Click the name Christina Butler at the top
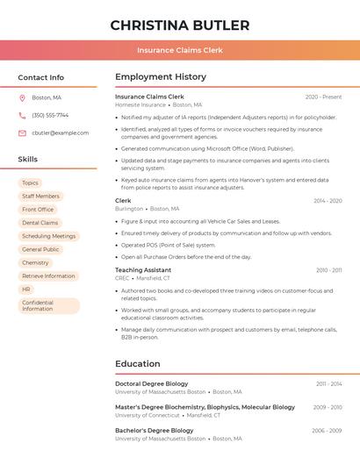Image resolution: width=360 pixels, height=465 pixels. point(180,25)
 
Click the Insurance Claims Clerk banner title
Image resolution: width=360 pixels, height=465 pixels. point(180,50)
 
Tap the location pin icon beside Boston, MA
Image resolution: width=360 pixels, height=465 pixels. point(22,97)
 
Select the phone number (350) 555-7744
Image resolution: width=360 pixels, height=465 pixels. point(50,115)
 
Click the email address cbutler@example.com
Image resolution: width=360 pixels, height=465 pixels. point(60,132)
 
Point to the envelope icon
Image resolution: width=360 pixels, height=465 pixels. point(22,132)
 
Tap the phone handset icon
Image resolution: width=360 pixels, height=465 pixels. point(22,115)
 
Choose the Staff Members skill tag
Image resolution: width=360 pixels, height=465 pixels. point(40,196)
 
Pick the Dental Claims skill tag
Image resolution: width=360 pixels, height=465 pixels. point(40,223)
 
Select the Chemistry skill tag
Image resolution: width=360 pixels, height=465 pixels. point(35,262)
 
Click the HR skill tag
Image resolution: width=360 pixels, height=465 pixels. point(26,289)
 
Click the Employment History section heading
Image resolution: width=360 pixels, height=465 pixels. point(161,76)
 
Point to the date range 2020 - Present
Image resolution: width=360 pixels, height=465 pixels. point(323,97)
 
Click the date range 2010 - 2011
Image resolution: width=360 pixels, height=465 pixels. point(328,270)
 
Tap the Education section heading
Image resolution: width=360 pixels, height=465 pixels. point(137,363)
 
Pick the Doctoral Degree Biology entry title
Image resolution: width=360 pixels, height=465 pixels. point(152,383)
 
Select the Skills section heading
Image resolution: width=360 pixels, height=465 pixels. point(28,159)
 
